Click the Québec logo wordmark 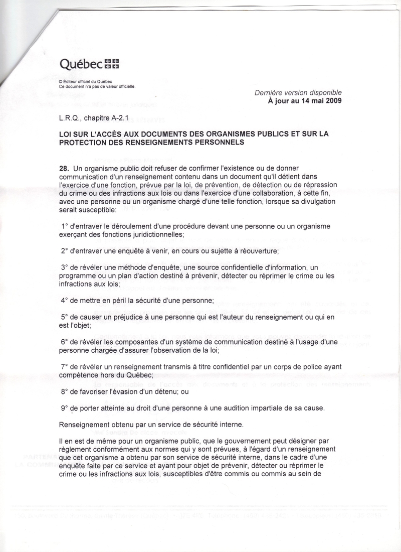81,64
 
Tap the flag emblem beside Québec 112,64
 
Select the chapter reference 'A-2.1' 124,119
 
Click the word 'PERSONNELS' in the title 218,142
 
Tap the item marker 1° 65,226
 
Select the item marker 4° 65,301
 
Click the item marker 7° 65,367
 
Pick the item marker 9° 65,408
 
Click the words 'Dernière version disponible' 299,92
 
